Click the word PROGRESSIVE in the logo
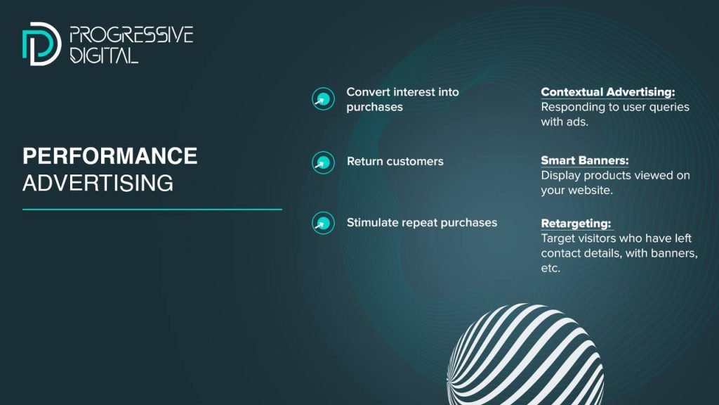[131, 35]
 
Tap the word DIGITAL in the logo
[104, 56]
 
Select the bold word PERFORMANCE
[110, 156]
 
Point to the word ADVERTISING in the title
[98, 184]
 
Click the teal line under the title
[152, 210]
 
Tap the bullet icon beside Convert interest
[323, 98]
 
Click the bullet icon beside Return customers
[323, 162]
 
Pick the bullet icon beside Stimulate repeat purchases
[323, 223]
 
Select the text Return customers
[395, 161]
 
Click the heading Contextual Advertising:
[608, 92]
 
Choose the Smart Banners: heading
[585, 160]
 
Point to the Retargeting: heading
[576, 223]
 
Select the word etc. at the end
[550, 268]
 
